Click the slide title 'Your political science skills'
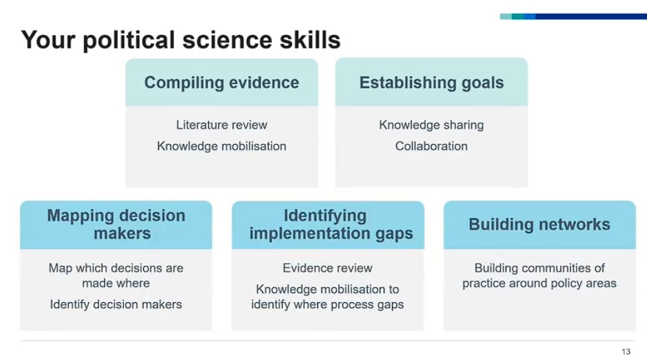click(180, 40)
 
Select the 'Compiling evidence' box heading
click(222, 83)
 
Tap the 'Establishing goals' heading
click(432, 83)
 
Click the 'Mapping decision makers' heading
click(116, 225)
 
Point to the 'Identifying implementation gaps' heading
click(327, 225)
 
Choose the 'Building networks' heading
click(539, 225)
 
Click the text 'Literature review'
click(222, 125)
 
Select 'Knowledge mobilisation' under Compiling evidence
click(222, 146)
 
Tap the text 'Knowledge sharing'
click(432, 125)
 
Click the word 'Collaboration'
click(432, 146)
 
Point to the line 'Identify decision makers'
click(116, 305)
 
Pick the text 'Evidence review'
click(327, 268)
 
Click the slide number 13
click(626, 352)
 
